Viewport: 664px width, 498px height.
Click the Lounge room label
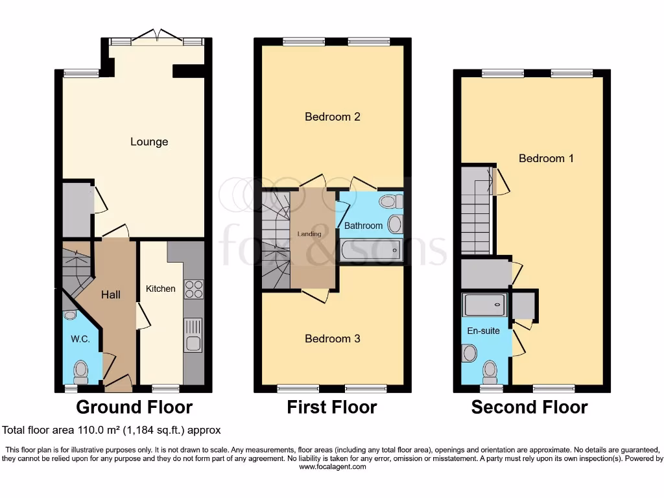pyautogui.click(x=149, y=142)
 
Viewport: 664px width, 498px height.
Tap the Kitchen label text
pyautogui.click(x=160, y=289)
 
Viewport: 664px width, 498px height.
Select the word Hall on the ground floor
pyautogui.click(x=111, y=294)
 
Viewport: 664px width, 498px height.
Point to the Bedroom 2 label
pyautogui.click(x=333, y=117)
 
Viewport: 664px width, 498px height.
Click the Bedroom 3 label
pyautogui.click(x=333, y=338)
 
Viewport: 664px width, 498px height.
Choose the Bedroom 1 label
pyautogui.click(x=546, y=158)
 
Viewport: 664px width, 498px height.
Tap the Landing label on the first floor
pyautogui.click(x=309, y=233)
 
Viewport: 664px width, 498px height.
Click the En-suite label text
pyautogui.click(x=484, y=331)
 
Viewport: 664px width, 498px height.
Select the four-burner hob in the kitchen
pyautogui.click(x=194, y=289)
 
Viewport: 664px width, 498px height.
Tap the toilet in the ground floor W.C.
pyautogui.click(x=81, y=372)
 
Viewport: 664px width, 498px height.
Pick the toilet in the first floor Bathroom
pyautogui.click(x=391, y=202)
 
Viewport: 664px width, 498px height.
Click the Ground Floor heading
pyautogui.click(x=134, y=407)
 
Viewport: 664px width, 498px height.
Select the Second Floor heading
pyautogui.click(x=529, y=407)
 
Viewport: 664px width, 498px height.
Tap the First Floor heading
pyautogui.click(x=332, y=407)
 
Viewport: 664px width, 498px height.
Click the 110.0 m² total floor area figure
pyautogui.click(x=109, y=430)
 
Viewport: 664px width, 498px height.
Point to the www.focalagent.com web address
pyautogui.click(x=332, y=466)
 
